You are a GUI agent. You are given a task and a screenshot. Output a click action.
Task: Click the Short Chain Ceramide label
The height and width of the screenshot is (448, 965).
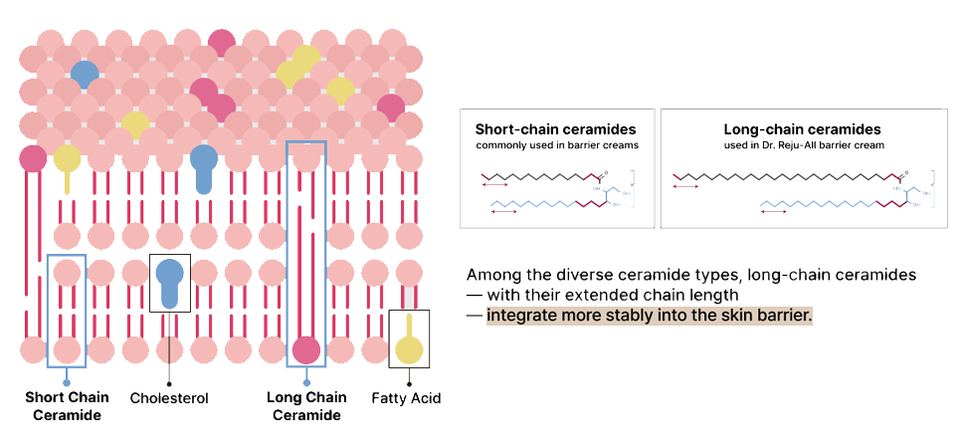tap(67, 406)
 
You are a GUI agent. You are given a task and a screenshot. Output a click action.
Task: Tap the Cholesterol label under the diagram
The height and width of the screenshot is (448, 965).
tap(169, 398)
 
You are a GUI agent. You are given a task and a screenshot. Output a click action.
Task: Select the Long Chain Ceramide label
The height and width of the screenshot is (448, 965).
tap(306, 406)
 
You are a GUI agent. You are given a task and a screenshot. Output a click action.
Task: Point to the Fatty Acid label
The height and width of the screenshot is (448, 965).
tap(406, 398)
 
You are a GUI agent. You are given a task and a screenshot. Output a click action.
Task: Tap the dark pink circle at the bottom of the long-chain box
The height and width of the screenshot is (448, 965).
tap(306, 350)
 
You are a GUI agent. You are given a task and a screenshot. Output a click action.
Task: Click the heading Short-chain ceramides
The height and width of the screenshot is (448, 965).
tap(555, 129)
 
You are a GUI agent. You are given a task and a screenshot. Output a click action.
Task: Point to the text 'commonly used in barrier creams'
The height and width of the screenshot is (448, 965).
tap(555, 145)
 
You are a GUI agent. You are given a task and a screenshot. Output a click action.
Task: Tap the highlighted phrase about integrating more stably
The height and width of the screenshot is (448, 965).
tap(650, 316)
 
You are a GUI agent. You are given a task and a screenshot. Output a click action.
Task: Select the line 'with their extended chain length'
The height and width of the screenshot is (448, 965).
tap(611, 295)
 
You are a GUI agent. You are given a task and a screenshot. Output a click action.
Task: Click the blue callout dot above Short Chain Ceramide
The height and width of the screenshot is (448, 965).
tap(67, 382)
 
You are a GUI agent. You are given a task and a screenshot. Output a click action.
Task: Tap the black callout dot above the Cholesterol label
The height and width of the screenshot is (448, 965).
tap(169, 382)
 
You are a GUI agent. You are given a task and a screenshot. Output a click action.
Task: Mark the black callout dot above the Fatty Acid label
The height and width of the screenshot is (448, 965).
tap(409, 382)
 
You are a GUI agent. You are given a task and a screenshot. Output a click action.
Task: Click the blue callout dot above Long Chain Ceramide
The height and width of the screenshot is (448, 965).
tap(306, 382)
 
